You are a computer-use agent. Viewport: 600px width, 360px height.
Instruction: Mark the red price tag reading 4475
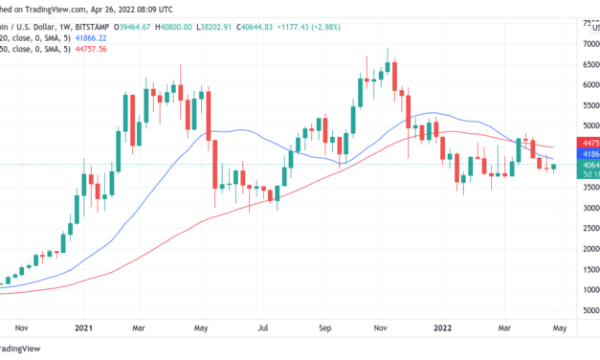coord(587,141)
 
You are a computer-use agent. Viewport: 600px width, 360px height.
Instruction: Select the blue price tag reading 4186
coord(587,153)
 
